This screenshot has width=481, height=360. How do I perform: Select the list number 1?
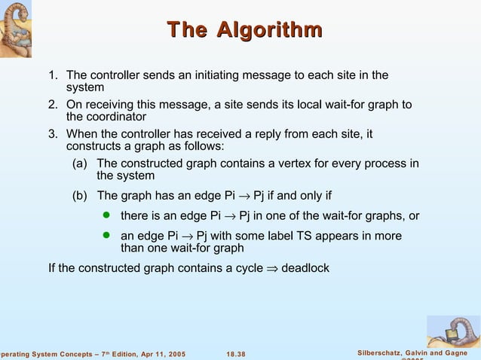click(53, 75)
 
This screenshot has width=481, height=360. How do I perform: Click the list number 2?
click(53, 105)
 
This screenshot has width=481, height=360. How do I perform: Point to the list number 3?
click(53, 134)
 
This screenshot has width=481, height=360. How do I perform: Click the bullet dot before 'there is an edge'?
click(106, 217)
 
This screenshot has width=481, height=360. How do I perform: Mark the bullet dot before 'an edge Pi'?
click(106, 236)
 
